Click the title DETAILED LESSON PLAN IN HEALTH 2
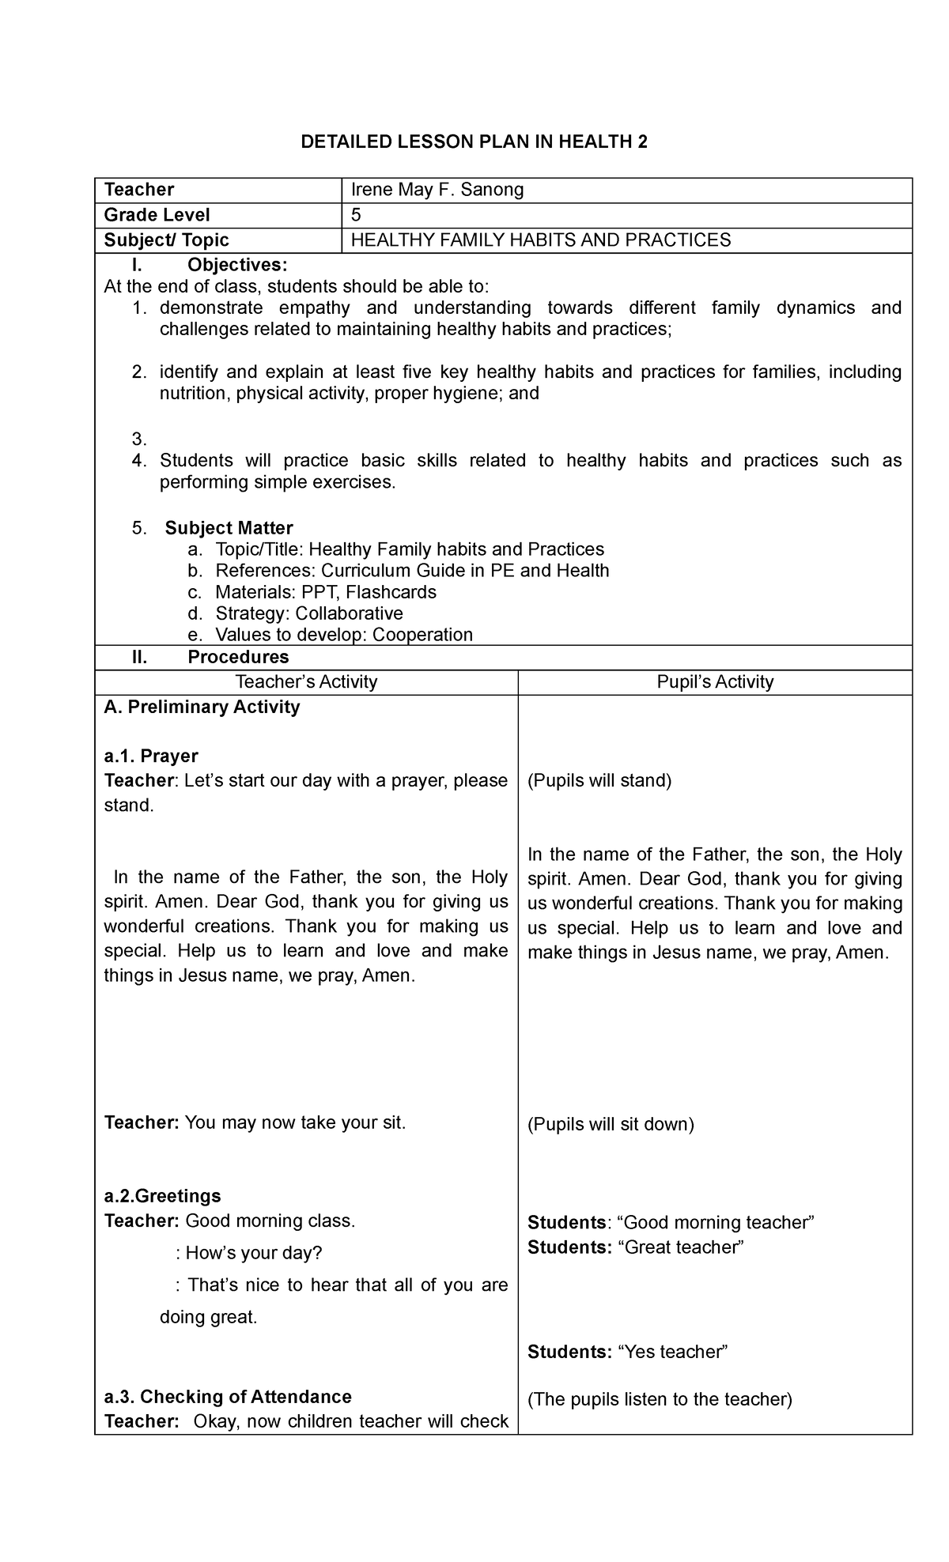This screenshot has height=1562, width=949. [474, 142]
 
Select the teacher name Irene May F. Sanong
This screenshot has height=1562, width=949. [437, 190]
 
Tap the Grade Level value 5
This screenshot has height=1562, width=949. [356, 215]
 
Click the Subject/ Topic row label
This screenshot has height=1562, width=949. [167, 240]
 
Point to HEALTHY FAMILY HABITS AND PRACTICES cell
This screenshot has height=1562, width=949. [541, 240]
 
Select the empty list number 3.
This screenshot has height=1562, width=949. [139, 439]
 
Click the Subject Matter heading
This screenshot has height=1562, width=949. [229, 528]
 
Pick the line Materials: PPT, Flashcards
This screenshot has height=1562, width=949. [325, 592]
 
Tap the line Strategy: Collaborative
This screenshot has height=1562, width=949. [309, 613]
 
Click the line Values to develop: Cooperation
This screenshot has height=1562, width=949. [344, 635]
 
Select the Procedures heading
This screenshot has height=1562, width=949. [238, 657]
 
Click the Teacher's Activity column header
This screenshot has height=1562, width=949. [307, 682]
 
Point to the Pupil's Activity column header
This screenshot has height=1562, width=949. [715, 682]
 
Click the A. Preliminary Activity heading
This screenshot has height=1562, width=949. [202, 707]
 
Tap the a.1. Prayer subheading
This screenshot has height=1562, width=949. [151, 756]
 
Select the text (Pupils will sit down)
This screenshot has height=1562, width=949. [611, 1124]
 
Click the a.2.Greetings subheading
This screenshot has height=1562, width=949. [162, 1196]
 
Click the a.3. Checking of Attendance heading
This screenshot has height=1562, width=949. [228, 1397]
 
